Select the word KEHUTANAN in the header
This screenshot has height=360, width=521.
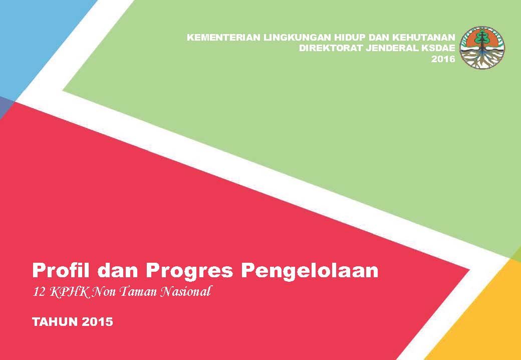(x=424, y=37)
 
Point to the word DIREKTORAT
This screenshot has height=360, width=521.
(x=331, y=48)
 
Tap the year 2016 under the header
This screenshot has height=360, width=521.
(x=443, y=59)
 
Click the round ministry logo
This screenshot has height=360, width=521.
(x=482, y=48)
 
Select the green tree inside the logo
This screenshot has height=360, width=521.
(x=481, y=38)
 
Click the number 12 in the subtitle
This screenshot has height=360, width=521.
(x=39, y=292)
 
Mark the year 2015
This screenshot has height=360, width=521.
(x=97, y=322)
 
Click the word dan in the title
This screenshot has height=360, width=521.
(x=118, y=270)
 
